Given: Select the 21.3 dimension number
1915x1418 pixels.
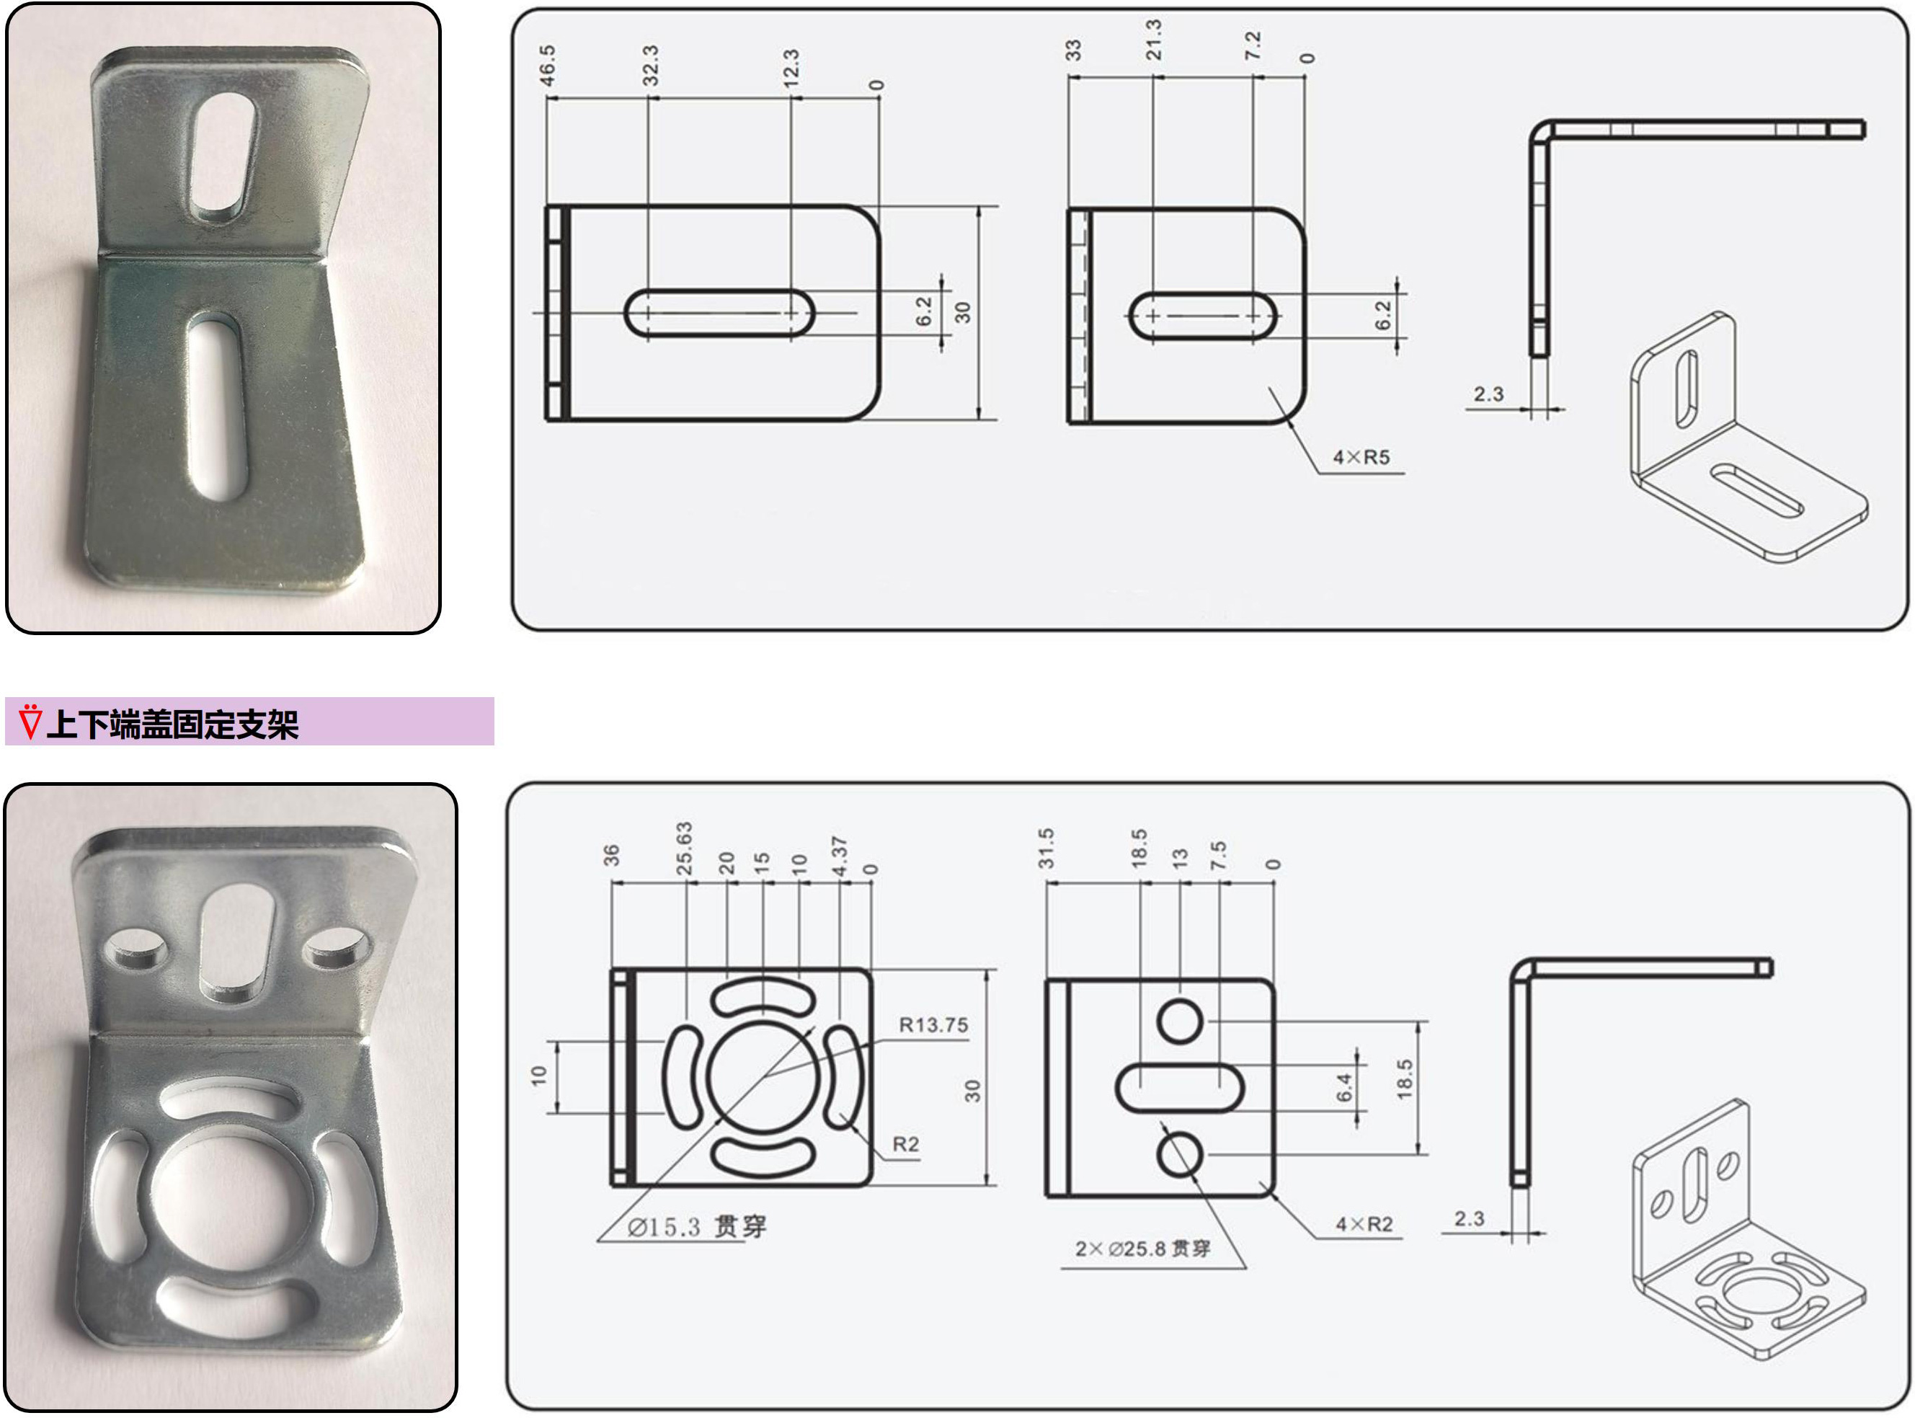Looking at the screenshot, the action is pos(1154,40).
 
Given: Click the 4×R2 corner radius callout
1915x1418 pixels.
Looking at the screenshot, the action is pos(1364,1224).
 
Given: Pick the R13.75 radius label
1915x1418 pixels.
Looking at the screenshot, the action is pos(933,1025).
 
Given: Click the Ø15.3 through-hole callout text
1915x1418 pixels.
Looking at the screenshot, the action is pos(697,1226).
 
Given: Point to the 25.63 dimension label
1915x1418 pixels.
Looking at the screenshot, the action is pos(684,848).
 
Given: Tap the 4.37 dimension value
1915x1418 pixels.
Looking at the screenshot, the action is pos(839,856).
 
